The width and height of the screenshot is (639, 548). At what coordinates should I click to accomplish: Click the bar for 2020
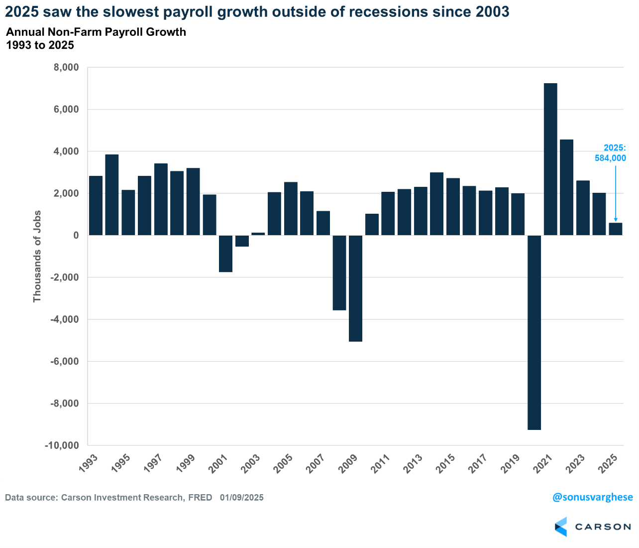(x=534, y=332)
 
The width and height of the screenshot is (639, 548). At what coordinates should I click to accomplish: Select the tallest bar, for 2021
(x=550, y=159)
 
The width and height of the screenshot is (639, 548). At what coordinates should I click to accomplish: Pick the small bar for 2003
(x=258, y=234)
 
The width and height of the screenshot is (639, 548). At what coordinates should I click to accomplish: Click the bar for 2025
(x=616, y=229)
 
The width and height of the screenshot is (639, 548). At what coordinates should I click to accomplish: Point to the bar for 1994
(x=111, y=195)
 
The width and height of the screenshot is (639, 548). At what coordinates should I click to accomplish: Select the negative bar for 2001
(x=225, y=254)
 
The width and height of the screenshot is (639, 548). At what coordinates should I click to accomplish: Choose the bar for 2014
(x=436, y=204)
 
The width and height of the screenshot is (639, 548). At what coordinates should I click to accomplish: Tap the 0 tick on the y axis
(x=76, y=235)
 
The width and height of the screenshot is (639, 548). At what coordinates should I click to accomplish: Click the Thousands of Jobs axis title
(x=37, y=256)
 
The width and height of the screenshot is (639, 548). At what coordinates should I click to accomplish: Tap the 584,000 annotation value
(x=611, y=158)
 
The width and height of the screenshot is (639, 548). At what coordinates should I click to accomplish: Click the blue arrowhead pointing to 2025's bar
(x=616, y=220)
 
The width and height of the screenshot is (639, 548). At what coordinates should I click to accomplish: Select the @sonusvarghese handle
(x=593, y=497)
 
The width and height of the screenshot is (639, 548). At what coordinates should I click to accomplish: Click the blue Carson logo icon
(x=561, y=527)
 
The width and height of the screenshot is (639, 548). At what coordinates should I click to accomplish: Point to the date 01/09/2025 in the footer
(x=242, y=497)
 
